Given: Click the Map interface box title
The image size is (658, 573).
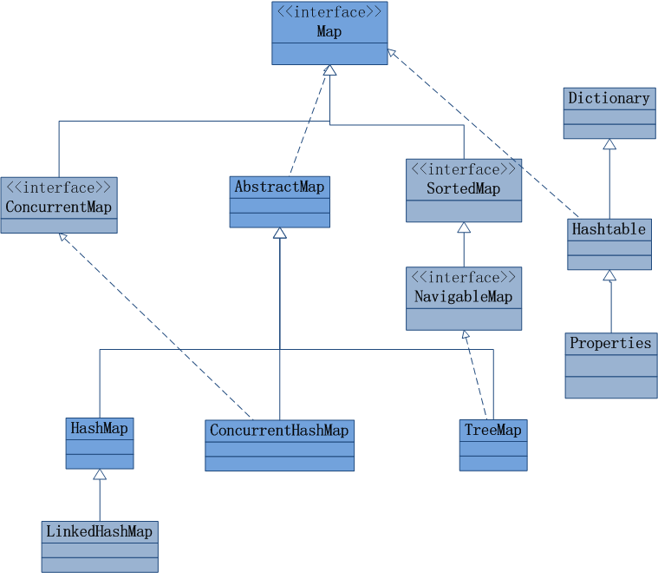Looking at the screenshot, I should point(329,32).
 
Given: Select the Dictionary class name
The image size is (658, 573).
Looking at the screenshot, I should point(609,99).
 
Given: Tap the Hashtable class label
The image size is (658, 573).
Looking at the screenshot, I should point(609,229).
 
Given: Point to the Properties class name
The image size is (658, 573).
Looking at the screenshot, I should point(610,343).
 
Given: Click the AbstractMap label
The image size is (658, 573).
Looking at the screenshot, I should point(279,187).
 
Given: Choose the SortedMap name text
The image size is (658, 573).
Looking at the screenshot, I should point(463,188).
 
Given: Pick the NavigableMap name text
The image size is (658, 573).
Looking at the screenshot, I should point(463,297).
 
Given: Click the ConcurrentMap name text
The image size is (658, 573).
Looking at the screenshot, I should point(58,207).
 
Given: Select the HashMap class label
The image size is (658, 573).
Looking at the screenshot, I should point(99,428).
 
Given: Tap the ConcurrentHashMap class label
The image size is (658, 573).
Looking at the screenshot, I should point(279,431).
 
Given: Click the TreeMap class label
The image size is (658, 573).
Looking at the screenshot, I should point(492,431).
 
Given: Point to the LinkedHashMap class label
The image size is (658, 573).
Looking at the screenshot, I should point(99,531).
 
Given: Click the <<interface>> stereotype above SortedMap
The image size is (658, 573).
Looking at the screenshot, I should point(463,169).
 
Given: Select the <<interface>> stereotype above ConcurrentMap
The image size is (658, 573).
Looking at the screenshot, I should point(58,188).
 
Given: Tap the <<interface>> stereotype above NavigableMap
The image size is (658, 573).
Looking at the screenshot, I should point(463,278).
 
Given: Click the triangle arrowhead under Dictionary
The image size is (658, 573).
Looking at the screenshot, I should point(609,145).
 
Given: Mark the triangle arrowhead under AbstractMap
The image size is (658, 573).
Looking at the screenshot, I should point(279,234).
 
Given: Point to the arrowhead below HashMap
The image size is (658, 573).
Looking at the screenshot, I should point(100,475).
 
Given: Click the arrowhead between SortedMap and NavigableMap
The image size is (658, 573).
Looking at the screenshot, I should point(464,227).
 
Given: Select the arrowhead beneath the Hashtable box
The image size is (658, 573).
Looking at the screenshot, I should point(609,276).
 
